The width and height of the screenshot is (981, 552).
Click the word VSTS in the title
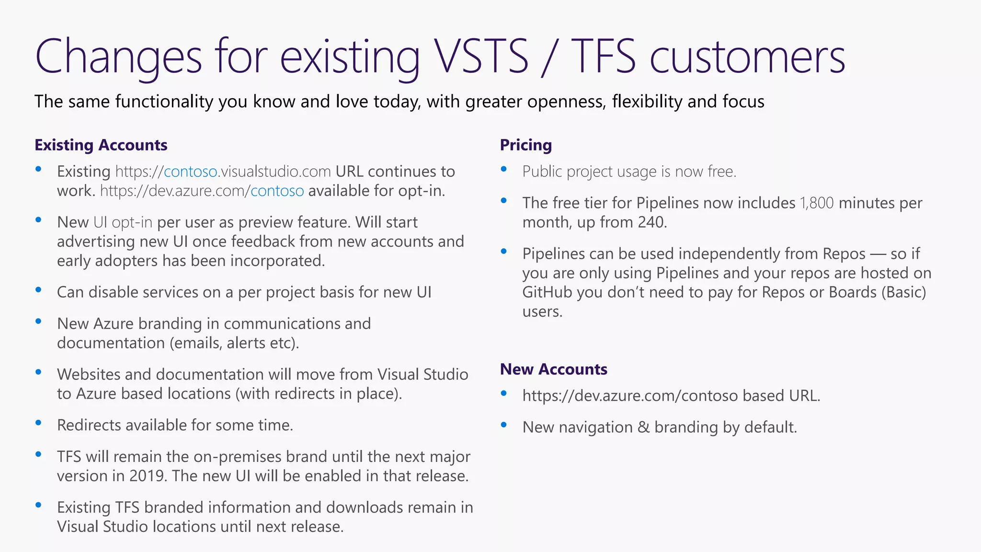[481, 57]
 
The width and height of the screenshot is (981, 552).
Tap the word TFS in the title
[604, 57]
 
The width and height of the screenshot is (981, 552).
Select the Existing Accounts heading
[101, 145]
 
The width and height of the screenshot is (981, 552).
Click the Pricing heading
[526, 145]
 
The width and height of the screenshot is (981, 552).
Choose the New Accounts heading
[554, 369]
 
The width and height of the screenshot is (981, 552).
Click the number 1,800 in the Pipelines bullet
[817, 203]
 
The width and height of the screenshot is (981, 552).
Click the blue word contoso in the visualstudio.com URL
[191, 172]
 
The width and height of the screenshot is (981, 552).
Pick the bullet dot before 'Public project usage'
[503, 169]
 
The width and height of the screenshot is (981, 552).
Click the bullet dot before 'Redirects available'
[38, 423]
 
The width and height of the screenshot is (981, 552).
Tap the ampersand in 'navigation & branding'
[643, 427]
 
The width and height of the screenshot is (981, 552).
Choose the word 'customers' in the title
[747, 57]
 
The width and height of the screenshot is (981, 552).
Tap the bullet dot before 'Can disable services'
[38, 289]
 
